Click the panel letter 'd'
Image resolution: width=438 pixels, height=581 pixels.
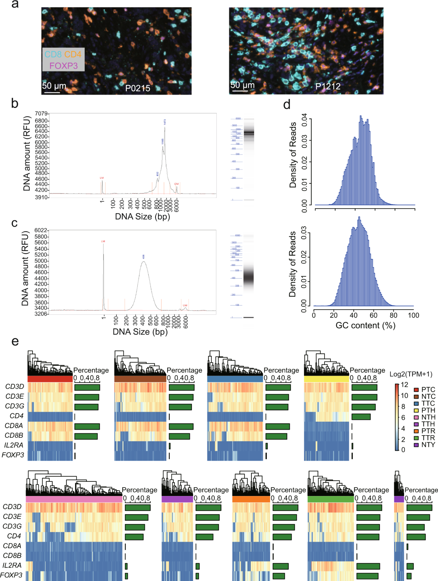click(287, 105)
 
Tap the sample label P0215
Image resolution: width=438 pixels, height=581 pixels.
click(138, 88)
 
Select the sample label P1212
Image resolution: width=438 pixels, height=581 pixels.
click(328, 86)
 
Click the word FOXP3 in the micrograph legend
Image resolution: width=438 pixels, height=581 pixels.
click(64, 66)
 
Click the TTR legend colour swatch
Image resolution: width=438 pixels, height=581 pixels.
click(416, 438)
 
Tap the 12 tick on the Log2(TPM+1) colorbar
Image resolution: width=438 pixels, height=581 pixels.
click(404, 384)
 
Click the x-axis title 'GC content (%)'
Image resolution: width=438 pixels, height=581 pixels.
click(365, 325)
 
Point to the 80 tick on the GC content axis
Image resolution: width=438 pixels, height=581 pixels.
click(393, 315)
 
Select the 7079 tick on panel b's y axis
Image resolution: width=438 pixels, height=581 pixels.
click(41, 114)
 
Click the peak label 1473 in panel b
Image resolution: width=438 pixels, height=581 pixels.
click(165, 122)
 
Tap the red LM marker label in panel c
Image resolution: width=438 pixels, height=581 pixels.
click(103, 241)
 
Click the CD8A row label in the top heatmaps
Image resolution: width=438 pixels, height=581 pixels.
click(14, 426)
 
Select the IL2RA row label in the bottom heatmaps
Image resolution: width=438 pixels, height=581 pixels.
click(12, 565)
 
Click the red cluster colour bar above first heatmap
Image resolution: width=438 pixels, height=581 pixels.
click(50, 379)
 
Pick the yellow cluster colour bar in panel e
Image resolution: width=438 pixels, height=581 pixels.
click(326, 379)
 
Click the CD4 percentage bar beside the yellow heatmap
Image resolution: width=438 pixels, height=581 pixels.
click(361, 417)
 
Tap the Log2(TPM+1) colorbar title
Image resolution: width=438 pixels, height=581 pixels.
click(411, 374)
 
